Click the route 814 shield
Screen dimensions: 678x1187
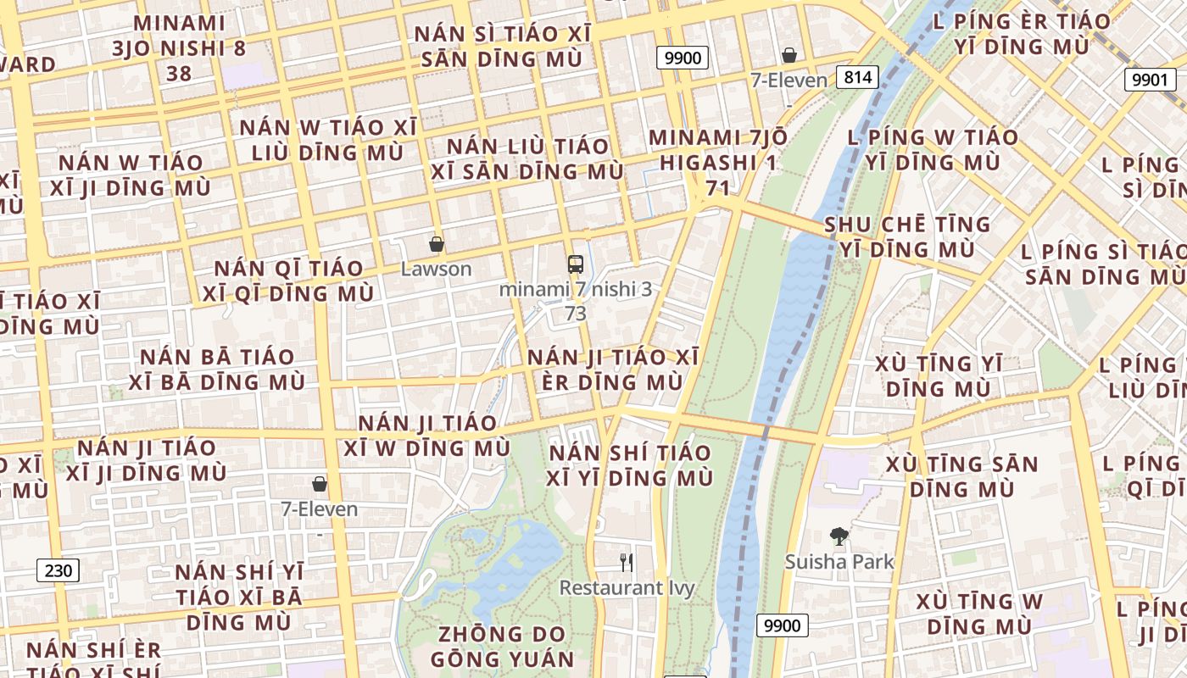click(x=857, y=78)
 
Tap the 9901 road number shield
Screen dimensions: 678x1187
click(x=1151, y=80)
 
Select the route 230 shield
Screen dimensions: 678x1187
click(x=59, y=570)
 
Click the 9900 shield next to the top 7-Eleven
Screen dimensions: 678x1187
click(x=683, y=58)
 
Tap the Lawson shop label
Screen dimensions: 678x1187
click(x=436, y=270)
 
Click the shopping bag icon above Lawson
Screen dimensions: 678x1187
click(x=437, y=245)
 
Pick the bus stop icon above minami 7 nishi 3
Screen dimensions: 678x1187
click(x=576, y=264)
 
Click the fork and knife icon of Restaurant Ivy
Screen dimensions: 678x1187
click(x=627, y=562)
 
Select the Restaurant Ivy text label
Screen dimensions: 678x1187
click(x=627, y=588)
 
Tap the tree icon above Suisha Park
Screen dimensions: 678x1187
click(x=839, y=536)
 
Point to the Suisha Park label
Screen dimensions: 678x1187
click(x=839, y=562)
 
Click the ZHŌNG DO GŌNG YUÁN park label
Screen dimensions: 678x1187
click(x=502, y=647)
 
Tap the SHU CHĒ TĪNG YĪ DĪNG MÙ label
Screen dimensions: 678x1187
click(x=907, y=237)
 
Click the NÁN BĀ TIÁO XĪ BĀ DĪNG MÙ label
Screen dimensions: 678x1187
click(x=217, y=370)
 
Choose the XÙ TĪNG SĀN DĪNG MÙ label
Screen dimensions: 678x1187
click(x=961, y=476)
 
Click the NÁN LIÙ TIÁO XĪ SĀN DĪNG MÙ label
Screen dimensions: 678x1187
click(x=527, y=159)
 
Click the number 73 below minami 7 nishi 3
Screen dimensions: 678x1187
click(x=576, y=314)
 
